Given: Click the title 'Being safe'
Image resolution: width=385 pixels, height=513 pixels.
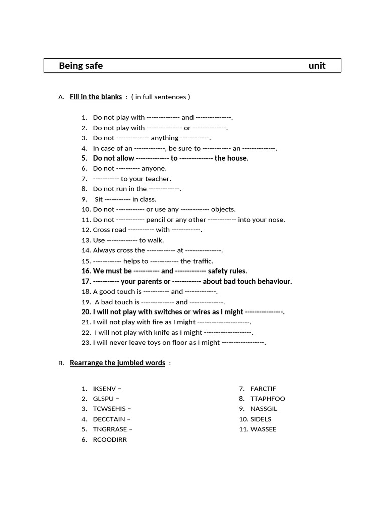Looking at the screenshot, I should click(81, 66).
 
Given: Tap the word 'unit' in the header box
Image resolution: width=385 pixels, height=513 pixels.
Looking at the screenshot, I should click(317, 66).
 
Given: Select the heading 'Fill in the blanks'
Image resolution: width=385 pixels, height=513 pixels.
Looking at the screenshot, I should click(96, 97).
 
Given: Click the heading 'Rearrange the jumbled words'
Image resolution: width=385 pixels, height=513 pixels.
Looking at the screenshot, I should click(117, 363).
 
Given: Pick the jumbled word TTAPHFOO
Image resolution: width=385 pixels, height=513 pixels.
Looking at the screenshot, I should click(268, 399).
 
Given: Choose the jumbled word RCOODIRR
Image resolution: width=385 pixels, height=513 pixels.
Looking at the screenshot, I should click(110, 440).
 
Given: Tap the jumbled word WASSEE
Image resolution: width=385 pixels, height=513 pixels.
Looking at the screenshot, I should click(263, 429).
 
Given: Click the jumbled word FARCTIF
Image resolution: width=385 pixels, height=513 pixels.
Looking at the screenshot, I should click(263, 388).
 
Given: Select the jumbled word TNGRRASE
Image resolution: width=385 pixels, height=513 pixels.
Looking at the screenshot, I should click(110, 429).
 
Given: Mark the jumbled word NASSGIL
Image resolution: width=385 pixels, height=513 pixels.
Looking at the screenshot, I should click(264, 409).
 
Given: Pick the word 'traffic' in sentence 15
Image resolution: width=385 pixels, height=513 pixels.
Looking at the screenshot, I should click(202, 261).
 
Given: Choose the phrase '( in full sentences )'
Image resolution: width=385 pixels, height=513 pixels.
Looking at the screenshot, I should click(160, 97).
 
